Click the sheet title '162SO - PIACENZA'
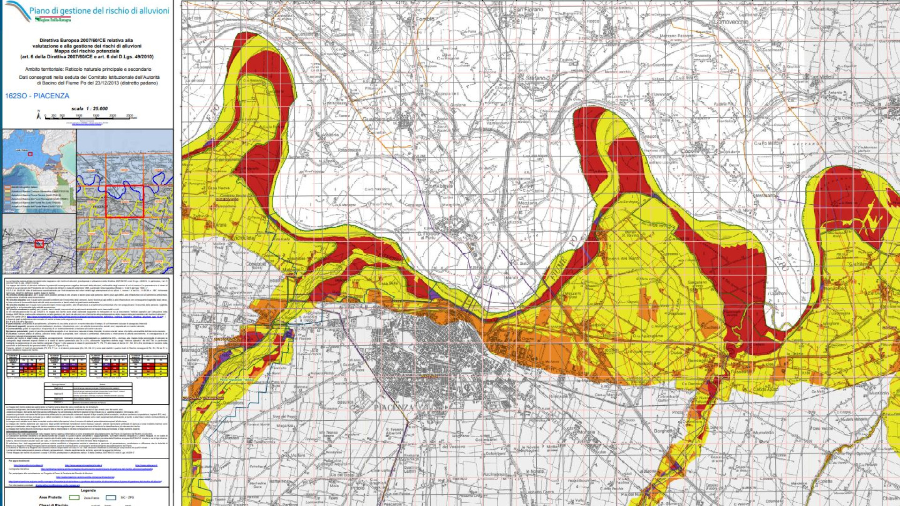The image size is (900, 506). click(x=37, y=96)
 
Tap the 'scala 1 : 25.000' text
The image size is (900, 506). click(x=89, y=109)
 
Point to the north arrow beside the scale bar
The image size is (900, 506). click(x=39, y=115)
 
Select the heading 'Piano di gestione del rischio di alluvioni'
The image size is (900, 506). click(x=99, y=11)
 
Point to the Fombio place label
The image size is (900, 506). click(x=425, y=19)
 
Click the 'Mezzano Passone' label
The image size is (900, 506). click(x=676, y=36)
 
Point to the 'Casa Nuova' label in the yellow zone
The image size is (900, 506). click(x=218, y=188)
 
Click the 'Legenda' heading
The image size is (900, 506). click(x=88, y=491)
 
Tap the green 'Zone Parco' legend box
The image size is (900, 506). click(x=74, y=498)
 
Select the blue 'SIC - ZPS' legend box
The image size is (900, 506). click(x=111, y=498)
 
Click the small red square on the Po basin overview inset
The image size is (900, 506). click(x=30, y=154)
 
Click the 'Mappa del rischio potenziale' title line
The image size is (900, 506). click(x=87, y=52)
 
